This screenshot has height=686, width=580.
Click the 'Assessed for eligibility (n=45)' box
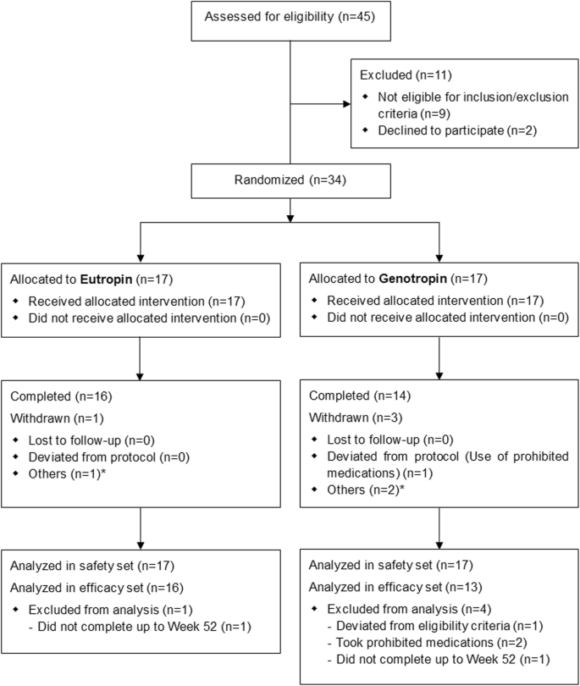pos(290,20)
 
